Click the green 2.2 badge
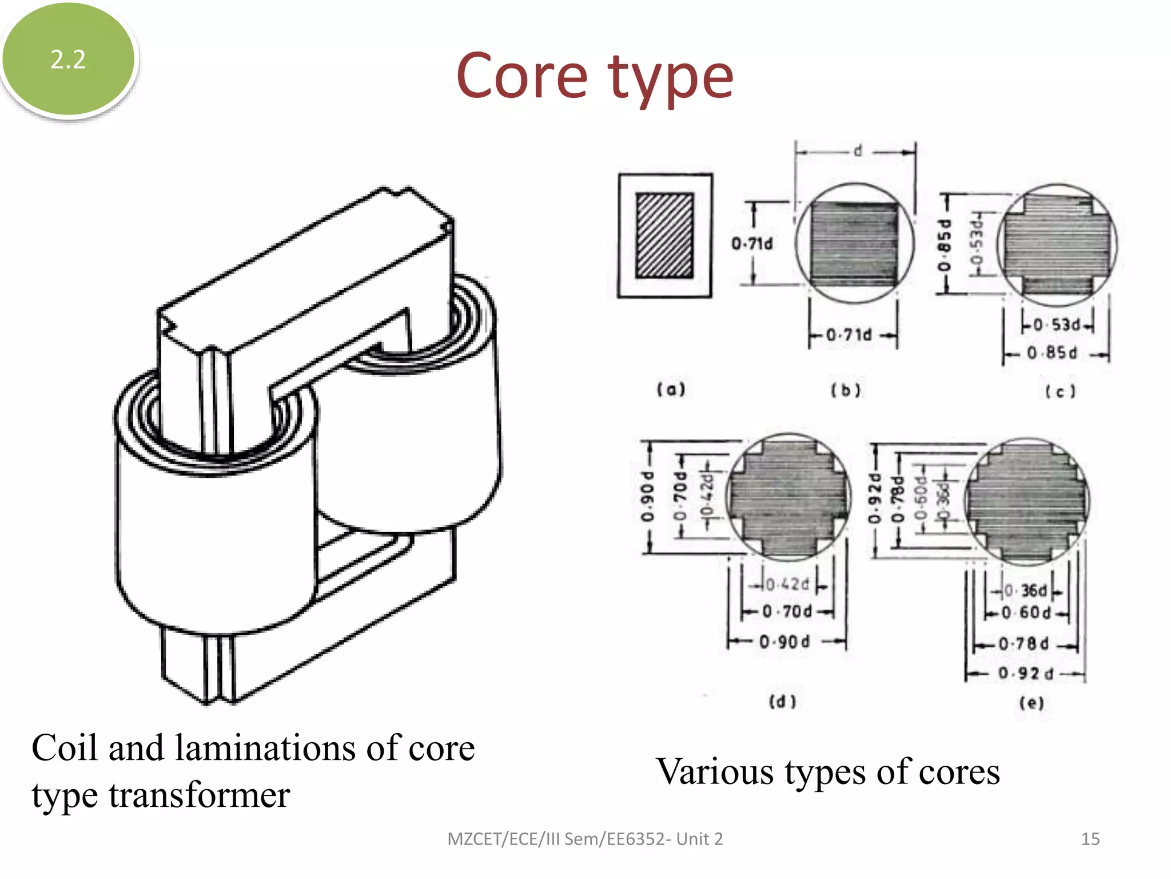click(x=68, y=60)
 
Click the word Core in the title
click(x=521, y=77)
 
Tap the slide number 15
click(x=1090, y=839)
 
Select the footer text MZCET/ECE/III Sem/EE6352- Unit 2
click(x=585, y=839)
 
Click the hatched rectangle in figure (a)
click(x=665, y=236)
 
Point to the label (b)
click(x=846, y=390)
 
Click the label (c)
click(x=1061, y=391)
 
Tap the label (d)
click(x=782, y=702)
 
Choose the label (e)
click(x=1031, y=703)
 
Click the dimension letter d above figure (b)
click(x=858, y=151)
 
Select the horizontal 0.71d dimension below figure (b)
click(x=850, y=335)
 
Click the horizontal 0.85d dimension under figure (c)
click(x=1052, y=353)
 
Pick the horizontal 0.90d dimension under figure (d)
click(x=784, y=642)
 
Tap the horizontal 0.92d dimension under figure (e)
click(x=1026, y=674)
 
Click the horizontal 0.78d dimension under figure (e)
click(x=1023, y=644)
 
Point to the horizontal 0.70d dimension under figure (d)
click(x=787, y=612)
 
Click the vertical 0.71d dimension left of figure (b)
click(x=752, y=244)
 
